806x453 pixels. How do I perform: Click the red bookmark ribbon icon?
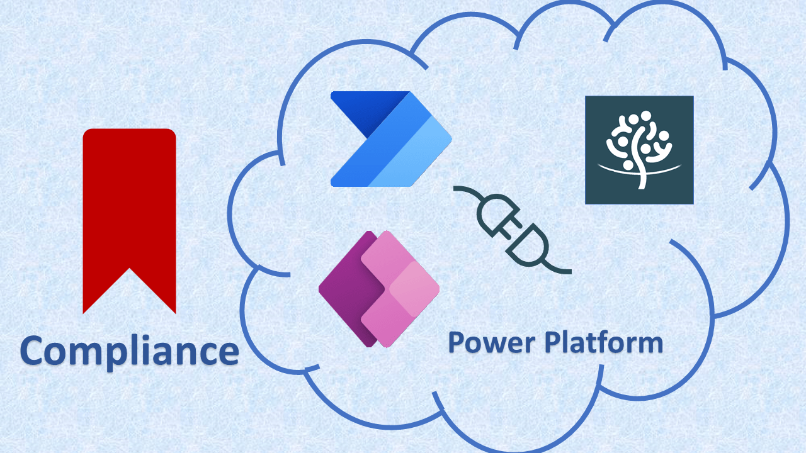(x=129, y=208)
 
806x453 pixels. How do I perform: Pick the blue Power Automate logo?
(x=390, y=139)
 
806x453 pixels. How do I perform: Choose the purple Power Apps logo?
(x=378, y=289)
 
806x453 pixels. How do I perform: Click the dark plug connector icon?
(x=511, y=230)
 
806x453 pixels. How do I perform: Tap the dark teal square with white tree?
(x=639, y=150)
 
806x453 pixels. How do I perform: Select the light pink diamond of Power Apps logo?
(x=414, y=289)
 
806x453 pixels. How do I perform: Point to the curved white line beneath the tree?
(x=639, y=168)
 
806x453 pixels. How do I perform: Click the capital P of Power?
(x=456, y=344)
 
